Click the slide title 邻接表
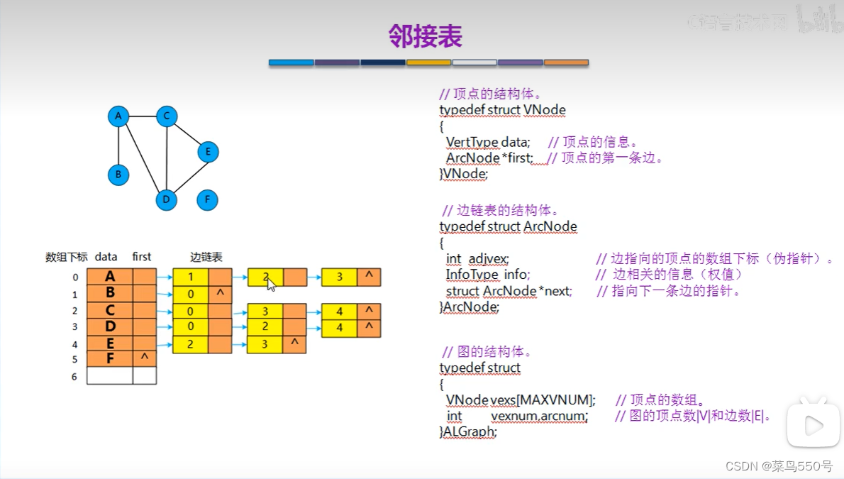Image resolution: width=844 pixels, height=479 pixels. pyautogui.click(x=426, y=35)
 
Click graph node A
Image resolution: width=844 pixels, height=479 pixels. pyautogui.click(x=118, y=116)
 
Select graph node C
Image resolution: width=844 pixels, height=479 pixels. pyautogui.click(x=166, y=116)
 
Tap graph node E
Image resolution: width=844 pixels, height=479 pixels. pyautogui.click(x=208, y=152)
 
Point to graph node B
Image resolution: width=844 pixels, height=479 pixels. pyautogui.click(x=118, y=175)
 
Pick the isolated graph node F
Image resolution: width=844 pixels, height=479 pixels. pyautogui.click(x=207, y=200)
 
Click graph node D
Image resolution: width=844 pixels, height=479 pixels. pyautogui.click(x=166, y=200)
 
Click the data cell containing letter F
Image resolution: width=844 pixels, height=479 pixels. pyautogui.click(x=110, y=358)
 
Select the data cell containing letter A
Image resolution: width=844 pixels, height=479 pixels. pyautogui.click(x=110, y=277)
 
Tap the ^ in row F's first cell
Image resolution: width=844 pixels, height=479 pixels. pyautogui.click(x=144, y=358)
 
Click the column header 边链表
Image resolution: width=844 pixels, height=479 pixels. pyautogui.click(x=206, y=257)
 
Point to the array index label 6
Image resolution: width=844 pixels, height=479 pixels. pyautogui.click(x=74, y=377)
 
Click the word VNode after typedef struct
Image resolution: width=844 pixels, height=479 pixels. pyautogui.click(x=545, y=110)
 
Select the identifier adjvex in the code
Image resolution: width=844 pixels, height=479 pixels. pyautogui.click(x=489, y=259)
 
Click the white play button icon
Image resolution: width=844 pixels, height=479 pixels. pyautogui.click(x=814, y=426)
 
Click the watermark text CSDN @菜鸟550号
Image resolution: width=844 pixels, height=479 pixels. pyautogui.click(x=779, y=466)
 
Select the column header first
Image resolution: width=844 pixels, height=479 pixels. pyautogui.click(x=142, y=257)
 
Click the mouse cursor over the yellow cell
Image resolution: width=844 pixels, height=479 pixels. pyautogui.click(x=271, y=283)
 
